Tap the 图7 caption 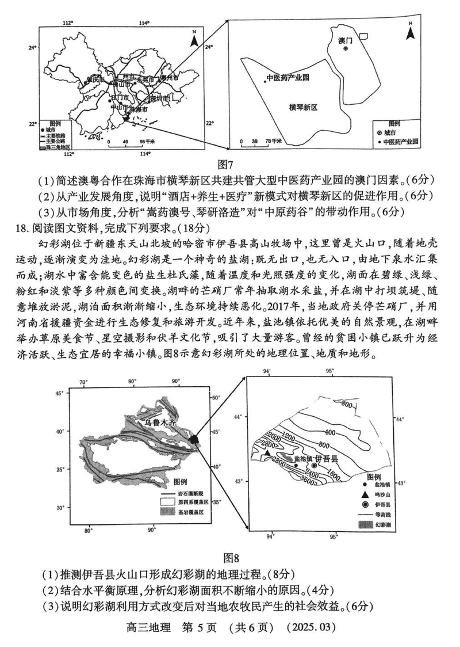[x=230, y=163]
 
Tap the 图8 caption [x=230, y=557]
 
